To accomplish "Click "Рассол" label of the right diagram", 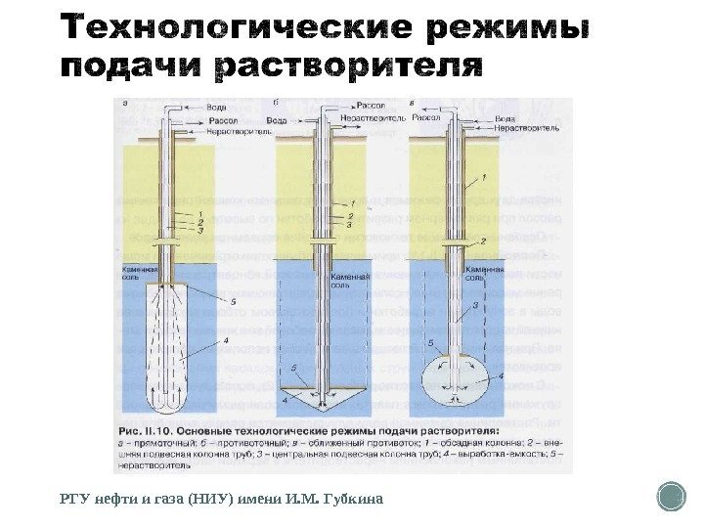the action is click(426, 116).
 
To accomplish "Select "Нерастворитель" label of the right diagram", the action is click(527, 127).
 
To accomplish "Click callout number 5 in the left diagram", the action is click(234, 302).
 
